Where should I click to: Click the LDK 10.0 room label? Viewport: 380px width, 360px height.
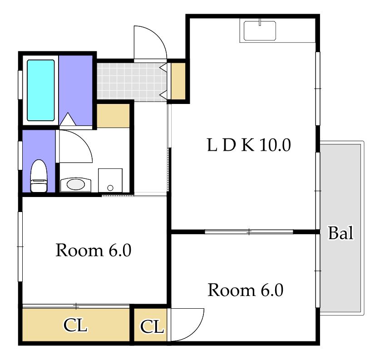249,145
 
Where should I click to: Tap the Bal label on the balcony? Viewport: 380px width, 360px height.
341,233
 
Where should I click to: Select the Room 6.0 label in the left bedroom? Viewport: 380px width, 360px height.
94,250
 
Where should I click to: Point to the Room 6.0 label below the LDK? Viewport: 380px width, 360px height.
245,290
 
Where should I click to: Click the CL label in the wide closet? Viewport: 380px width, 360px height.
75,325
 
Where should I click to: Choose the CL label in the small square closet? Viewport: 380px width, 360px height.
152,326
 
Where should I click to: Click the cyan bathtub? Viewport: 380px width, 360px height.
40,90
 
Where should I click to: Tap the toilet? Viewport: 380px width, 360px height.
39,176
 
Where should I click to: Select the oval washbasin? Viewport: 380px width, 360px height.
76,185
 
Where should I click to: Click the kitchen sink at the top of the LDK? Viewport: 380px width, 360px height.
260,30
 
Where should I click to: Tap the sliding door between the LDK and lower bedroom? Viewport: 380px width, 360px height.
249,232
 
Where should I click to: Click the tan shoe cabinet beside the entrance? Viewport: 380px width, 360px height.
178,81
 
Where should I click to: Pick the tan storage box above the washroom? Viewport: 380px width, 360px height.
113,116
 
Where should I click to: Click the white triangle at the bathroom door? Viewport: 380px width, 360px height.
68,119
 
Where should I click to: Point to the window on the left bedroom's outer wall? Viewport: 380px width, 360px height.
20,247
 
